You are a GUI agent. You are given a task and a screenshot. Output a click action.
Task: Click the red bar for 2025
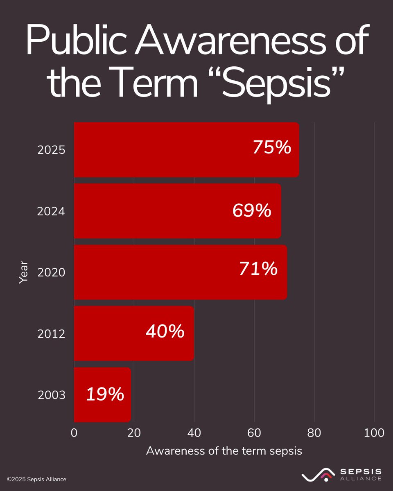pos(164,150)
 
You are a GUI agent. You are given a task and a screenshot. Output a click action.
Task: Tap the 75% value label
pos(272,147)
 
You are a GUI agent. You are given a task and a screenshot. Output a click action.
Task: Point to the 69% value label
pos(252,211)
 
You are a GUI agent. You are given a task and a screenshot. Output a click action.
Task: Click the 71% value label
pos(258,269)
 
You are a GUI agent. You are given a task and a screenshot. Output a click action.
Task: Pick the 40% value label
pos(165,331)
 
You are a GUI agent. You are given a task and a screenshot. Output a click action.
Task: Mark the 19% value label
pos(105,394)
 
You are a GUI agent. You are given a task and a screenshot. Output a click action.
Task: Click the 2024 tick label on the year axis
pos(51,212)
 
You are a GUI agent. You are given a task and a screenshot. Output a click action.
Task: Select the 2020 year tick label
pos(51,273)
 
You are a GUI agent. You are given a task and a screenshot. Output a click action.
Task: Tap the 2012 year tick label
pos(51,334)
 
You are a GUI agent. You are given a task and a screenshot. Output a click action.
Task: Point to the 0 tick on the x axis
pos(74,433)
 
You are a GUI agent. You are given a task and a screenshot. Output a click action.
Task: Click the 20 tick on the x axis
pos(134,433)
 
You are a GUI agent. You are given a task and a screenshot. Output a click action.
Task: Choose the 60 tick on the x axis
pos(254,433)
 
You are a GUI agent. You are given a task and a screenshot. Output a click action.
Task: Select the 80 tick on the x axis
pos(314,433)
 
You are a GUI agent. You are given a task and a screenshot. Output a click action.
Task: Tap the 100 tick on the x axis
pos(374,433)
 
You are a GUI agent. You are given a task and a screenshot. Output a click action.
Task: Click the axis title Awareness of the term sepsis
pos(224,451)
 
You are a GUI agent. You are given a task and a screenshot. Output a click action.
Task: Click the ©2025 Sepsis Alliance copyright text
pos(36,479)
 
